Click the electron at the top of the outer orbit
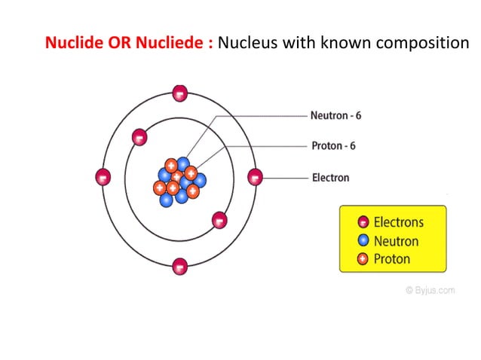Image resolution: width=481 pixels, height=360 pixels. (179, 93)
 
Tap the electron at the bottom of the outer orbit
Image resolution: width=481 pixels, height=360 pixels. (179, 266)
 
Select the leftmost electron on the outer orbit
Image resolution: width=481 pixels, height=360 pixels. (103, 177)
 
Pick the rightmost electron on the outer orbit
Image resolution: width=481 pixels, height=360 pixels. (256, 178)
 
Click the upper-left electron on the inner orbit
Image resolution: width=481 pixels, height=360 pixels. (139, 137)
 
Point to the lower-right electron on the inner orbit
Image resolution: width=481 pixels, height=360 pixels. (219, 220)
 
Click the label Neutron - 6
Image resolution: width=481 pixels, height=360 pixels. (335, 117)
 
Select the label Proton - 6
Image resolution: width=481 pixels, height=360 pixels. (333, 145)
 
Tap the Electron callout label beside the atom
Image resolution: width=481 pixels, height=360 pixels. (330, 178)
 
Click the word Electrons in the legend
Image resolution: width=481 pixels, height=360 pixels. (398, 222)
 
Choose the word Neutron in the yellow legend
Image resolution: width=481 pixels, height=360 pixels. (396, 241)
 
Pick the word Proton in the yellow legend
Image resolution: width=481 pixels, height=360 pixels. (392, 259)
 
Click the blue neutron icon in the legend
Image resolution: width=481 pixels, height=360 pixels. (363, 241)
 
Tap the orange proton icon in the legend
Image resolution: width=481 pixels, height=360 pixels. (363, 260)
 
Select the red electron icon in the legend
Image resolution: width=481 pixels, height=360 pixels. (363, 222)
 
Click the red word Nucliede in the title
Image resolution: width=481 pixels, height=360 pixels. (173, 42)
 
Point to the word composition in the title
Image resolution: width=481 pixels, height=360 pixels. (418, 43)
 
